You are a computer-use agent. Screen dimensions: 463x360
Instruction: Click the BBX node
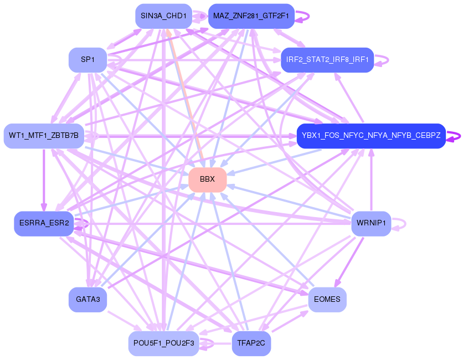pos(207,179)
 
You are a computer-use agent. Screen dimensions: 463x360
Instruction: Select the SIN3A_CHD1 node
pos(163,16)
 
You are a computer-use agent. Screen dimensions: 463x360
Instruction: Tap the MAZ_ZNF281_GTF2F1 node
pos(251,16)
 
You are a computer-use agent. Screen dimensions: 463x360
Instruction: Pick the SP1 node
pos(88,60)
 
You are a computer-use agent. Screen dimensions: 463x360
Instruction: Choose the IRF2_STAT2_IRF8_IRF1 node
pos(327,60)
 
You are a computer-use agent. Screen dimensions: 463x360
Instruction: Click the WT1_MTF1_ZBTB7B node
pos(44,136)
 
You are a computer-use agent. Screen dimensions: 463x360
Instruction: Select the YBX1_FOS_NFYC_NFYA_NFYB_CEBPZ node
pos(371,136)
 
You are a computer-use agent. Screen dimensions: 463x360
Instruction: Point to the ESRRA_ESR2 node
pos(44,223)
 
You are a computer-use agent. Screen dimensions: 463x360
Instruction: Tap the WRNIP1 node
pos(371,223)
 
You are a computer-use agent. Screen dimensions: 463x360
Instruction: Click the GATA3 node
pos(88,300)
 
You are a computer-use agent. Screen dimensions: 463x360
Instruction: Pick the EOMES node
pos(327,300)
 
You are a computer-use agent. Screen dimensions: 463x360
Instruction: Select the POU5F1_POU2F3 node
pos(163,343)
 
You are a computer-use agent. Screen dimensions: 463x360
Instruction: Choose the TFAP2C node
pos(251,343)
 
